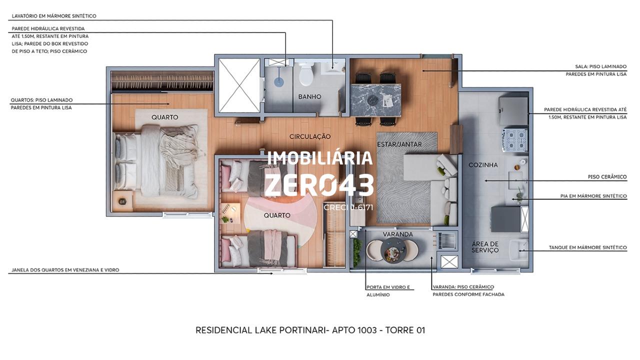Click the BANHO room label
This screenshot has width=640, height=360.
coord(309,97)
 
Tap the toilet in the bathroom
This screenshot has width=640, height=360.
coord(306,74)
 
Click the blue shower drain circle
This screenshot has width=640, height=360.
coord(279,82)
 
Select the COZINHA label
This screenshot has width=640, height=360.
coord(483,165)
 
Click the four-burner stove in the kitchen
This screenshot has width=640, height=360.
coord(515,139)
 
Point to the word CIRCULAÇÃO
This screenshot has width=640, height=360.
coord(310,136)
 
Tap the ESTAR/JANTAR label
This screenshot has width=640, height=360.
coord(399,144)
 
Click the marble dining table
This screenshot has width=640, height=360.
coord(375,100)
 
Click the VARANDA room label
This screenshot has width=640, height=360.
coord(397,234)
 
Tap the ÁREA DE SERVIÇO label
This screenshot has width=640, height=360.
coord(485,247)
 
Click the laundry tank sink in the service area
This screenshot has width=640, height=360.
coord(518,250)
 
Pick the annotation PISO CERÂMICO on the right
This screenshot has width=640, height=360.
coord(607,177)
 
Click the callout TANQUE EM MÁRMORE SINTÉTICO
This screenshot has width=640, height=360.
coord(587,247)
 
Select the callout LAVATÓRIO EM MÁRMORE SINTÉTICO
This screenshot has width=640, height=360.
coord(54,16)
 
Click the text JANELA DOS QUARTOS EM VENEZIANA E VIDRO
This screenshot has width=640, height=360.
coord(65,270)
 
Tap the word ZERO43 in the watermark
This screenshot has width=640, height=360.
coord(319,185)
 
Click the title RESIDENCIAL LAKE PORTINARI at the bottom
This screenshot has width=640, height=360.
coord(260,330)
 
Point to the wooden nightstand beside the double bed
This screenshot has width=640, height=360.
coord(122,201)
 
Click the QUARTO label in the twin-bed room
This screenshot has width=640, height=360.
coord(277,215)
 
